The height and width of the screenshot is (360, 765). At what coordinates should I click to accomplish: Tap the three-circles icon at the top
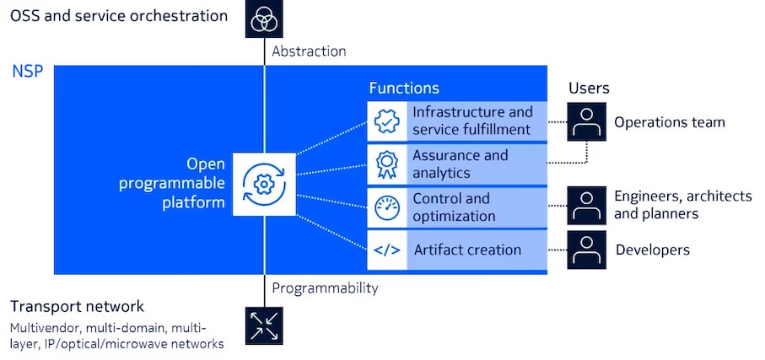tap(264, 19)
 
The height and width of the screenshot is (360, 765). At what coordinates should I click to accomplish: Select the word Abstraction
tap(309, 51)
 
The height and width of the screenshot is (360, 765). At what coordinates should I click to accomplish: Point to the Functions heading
tap(404, 88)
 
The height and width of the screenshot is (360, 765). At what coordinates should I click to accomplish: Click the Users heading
tap(589, 88)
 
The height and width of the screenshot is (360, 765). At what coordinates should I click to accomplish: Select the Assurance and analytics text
tap(460, 164)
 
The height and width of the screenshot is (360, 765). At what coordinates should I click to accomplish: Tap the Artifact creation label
tap(467, 250)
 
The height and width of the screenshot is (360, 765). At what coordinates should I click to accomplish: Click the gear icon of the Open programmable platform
tap(264, 184)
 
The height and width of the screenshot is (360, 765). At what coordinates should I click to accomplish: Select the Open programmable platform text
tap(195, 183)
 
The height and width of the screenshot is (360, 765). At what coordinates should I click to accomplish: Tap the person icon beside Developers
tap(587, 250)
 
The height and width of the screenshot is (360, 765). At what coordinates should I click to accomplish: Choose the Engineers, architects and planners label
tap(681, 205)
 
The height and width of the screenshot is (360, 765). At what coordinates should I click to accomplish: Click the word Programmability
tap(325, 288)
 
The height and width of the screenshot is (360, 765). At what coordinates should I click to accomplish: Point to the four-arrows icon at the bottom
tap(264, 325)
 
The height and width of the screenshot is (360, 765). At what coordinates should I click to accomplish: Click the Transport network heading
tap(78, 306)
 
